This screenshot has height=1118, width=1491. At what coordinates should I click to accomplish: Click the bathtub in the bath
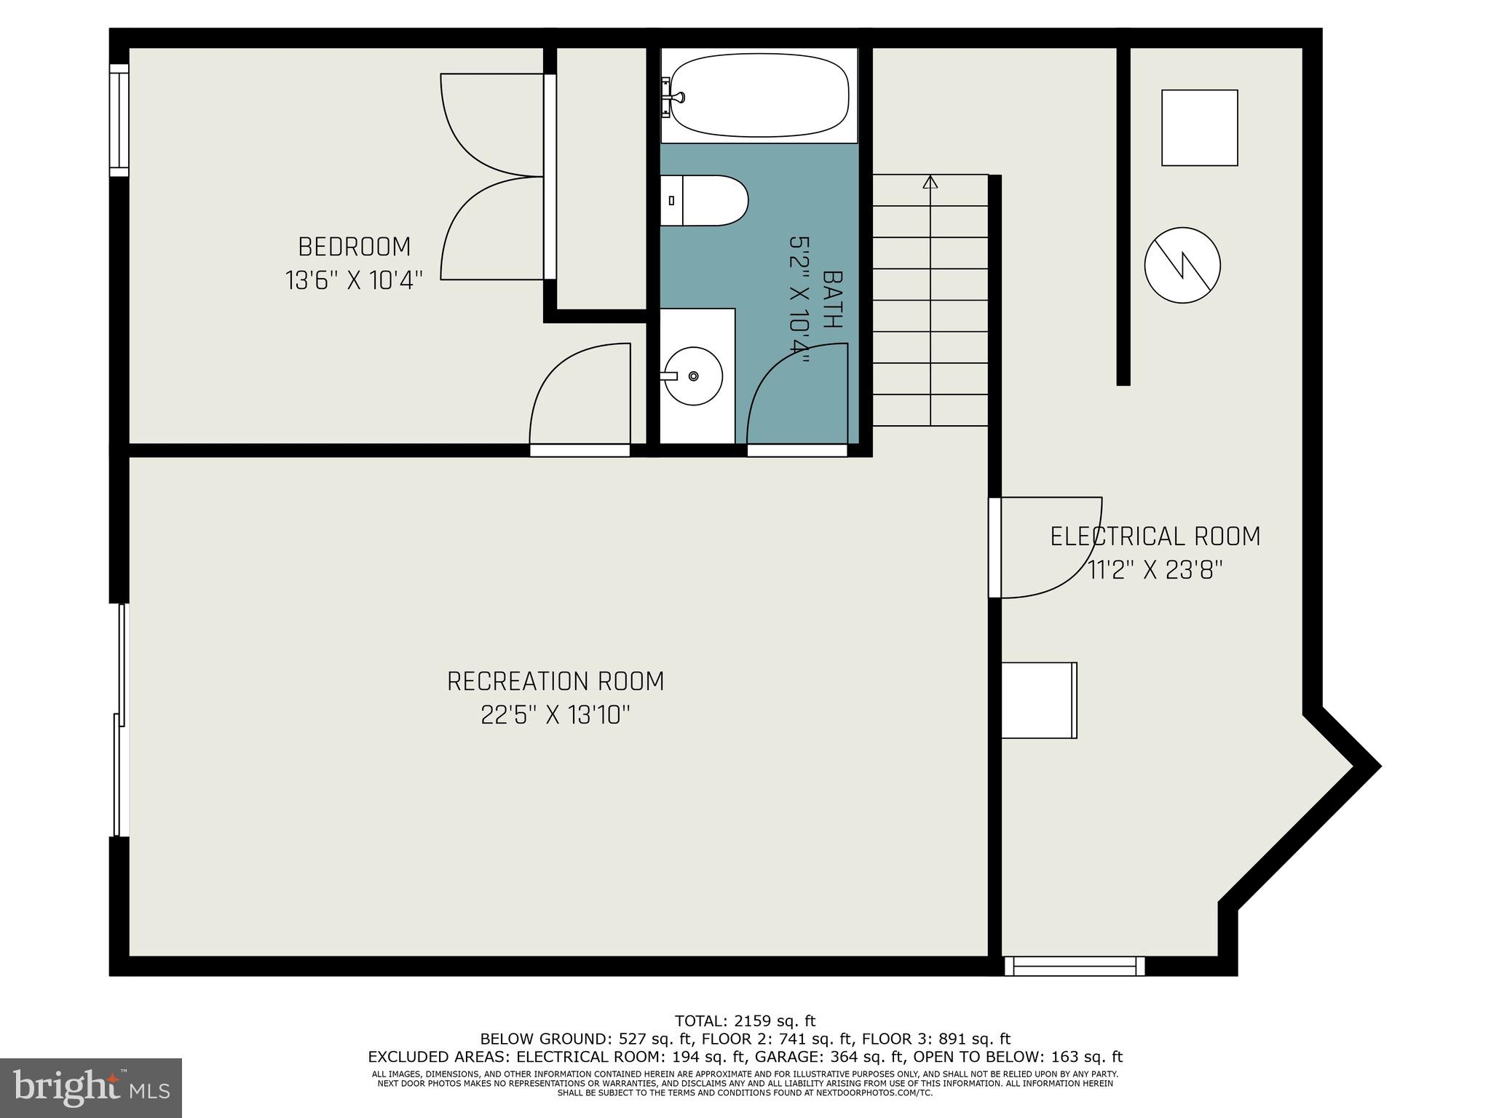pyautogui.click(x=759, y=95)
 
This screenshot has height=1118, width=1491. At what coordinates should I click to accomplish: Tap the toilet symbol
pyautogui.click(x=705, y=200)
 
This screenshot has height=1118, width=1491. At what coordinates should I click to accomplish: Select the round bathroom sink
pyautogui.click(x=693, y=376)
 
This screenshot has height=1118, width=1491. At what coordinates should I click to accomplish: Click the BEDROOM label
pyautogui.click(x=355, y=247)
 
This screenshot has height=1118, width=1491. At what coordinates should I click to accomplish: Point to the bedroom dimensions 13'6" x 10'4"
pyautogui.click(x=355, y=280)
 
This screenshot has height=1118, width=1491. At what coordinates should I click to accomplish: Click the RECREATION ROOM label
pyautogui.click(x=555, y=681)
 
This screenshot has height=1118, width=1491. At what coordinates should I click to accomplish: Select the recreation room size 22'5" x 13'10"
pyautogui.click(x=555, y=715)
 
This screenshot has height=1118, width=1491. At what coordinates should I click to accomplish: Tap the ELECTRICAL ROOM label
pyautogui.click(x=1155, y=536)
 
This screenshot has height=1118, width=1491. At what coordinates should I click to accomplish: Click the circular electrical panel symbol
pyautogui.click(x=1182, y=265)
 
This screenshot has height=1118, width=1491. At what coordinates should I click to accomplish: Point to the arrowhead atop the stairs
pyautogui.click(x=930, y=182)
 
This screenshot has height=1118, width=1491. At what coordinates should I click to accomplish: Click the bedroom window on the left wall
pyautogui.click(x=119, y=120)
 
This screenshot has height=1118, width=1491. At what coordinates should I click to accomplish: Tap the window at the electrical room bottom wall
pyautogui.click(x=1075, y=966)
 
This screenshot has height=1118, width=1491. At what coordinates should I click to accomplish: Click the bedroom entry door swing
pyautogui.click(x=579, y=397)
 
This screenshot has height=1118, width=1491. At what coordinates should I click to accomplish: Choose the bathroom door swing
pyautogui.click(x=796, y=397)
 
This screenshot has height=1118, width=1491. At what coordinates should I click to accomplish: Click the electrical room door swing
pyautogui.click(x=1045, y=547)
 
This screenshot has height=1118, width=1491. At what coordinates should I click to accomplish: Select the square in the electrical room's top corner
pyautogui.click(x=1199, y=127)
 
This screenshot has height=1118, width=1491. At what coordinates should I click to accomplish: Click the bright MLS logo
pyautogui.click(x=90, y=1087)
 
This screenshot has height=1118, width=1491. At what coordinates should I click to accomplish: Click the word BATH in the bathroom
pyautogui.click(x=833, y=299)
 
